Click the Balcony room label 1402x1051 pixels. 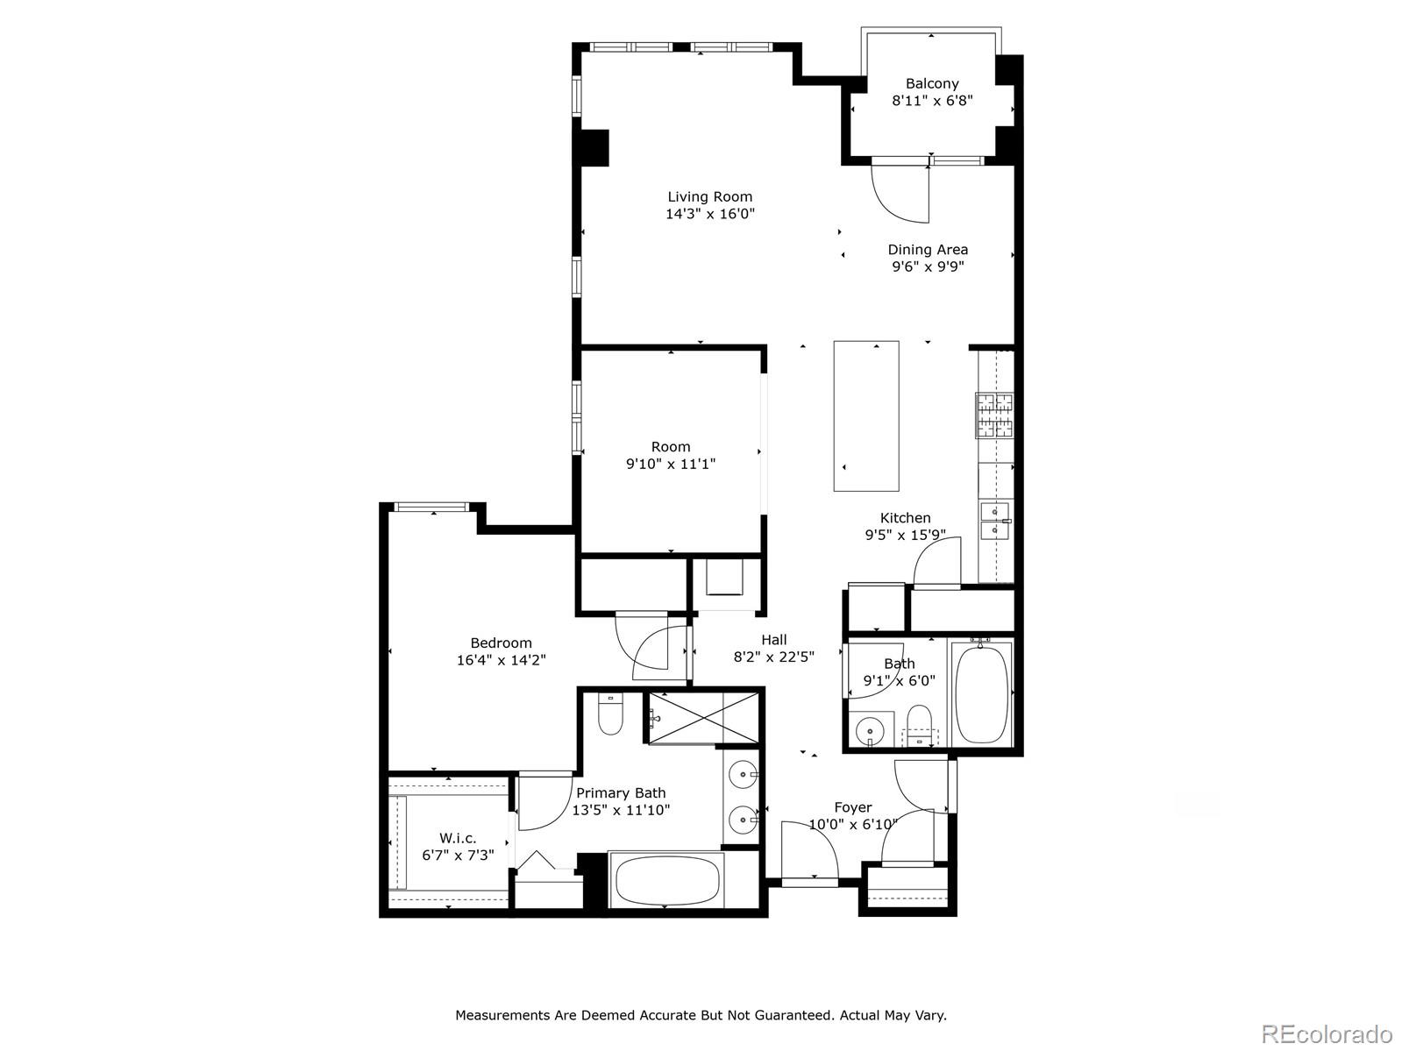(x=931, y=83)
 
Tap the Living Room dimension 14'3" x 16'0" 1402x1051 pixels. (x=709, y=214)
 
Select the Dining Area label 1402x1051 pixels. (x=928, y=250)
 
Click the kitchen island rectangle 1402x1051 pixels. (x=865, y=415)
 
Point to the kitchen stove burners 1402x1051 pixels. (x=994, y=415)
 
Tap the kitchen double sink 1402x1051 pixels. (x=995, y=521)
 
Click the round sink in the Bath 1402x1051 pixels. (x=870, y=729)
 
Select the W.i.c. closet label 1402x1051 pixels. (x=458, y=838)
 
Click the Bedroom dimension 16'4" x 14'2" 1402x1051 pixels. (x=501, y=660)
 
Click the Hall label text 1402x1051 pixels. (x=773, y=640)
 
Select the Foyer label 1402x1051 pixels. (x=852, y=807)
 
